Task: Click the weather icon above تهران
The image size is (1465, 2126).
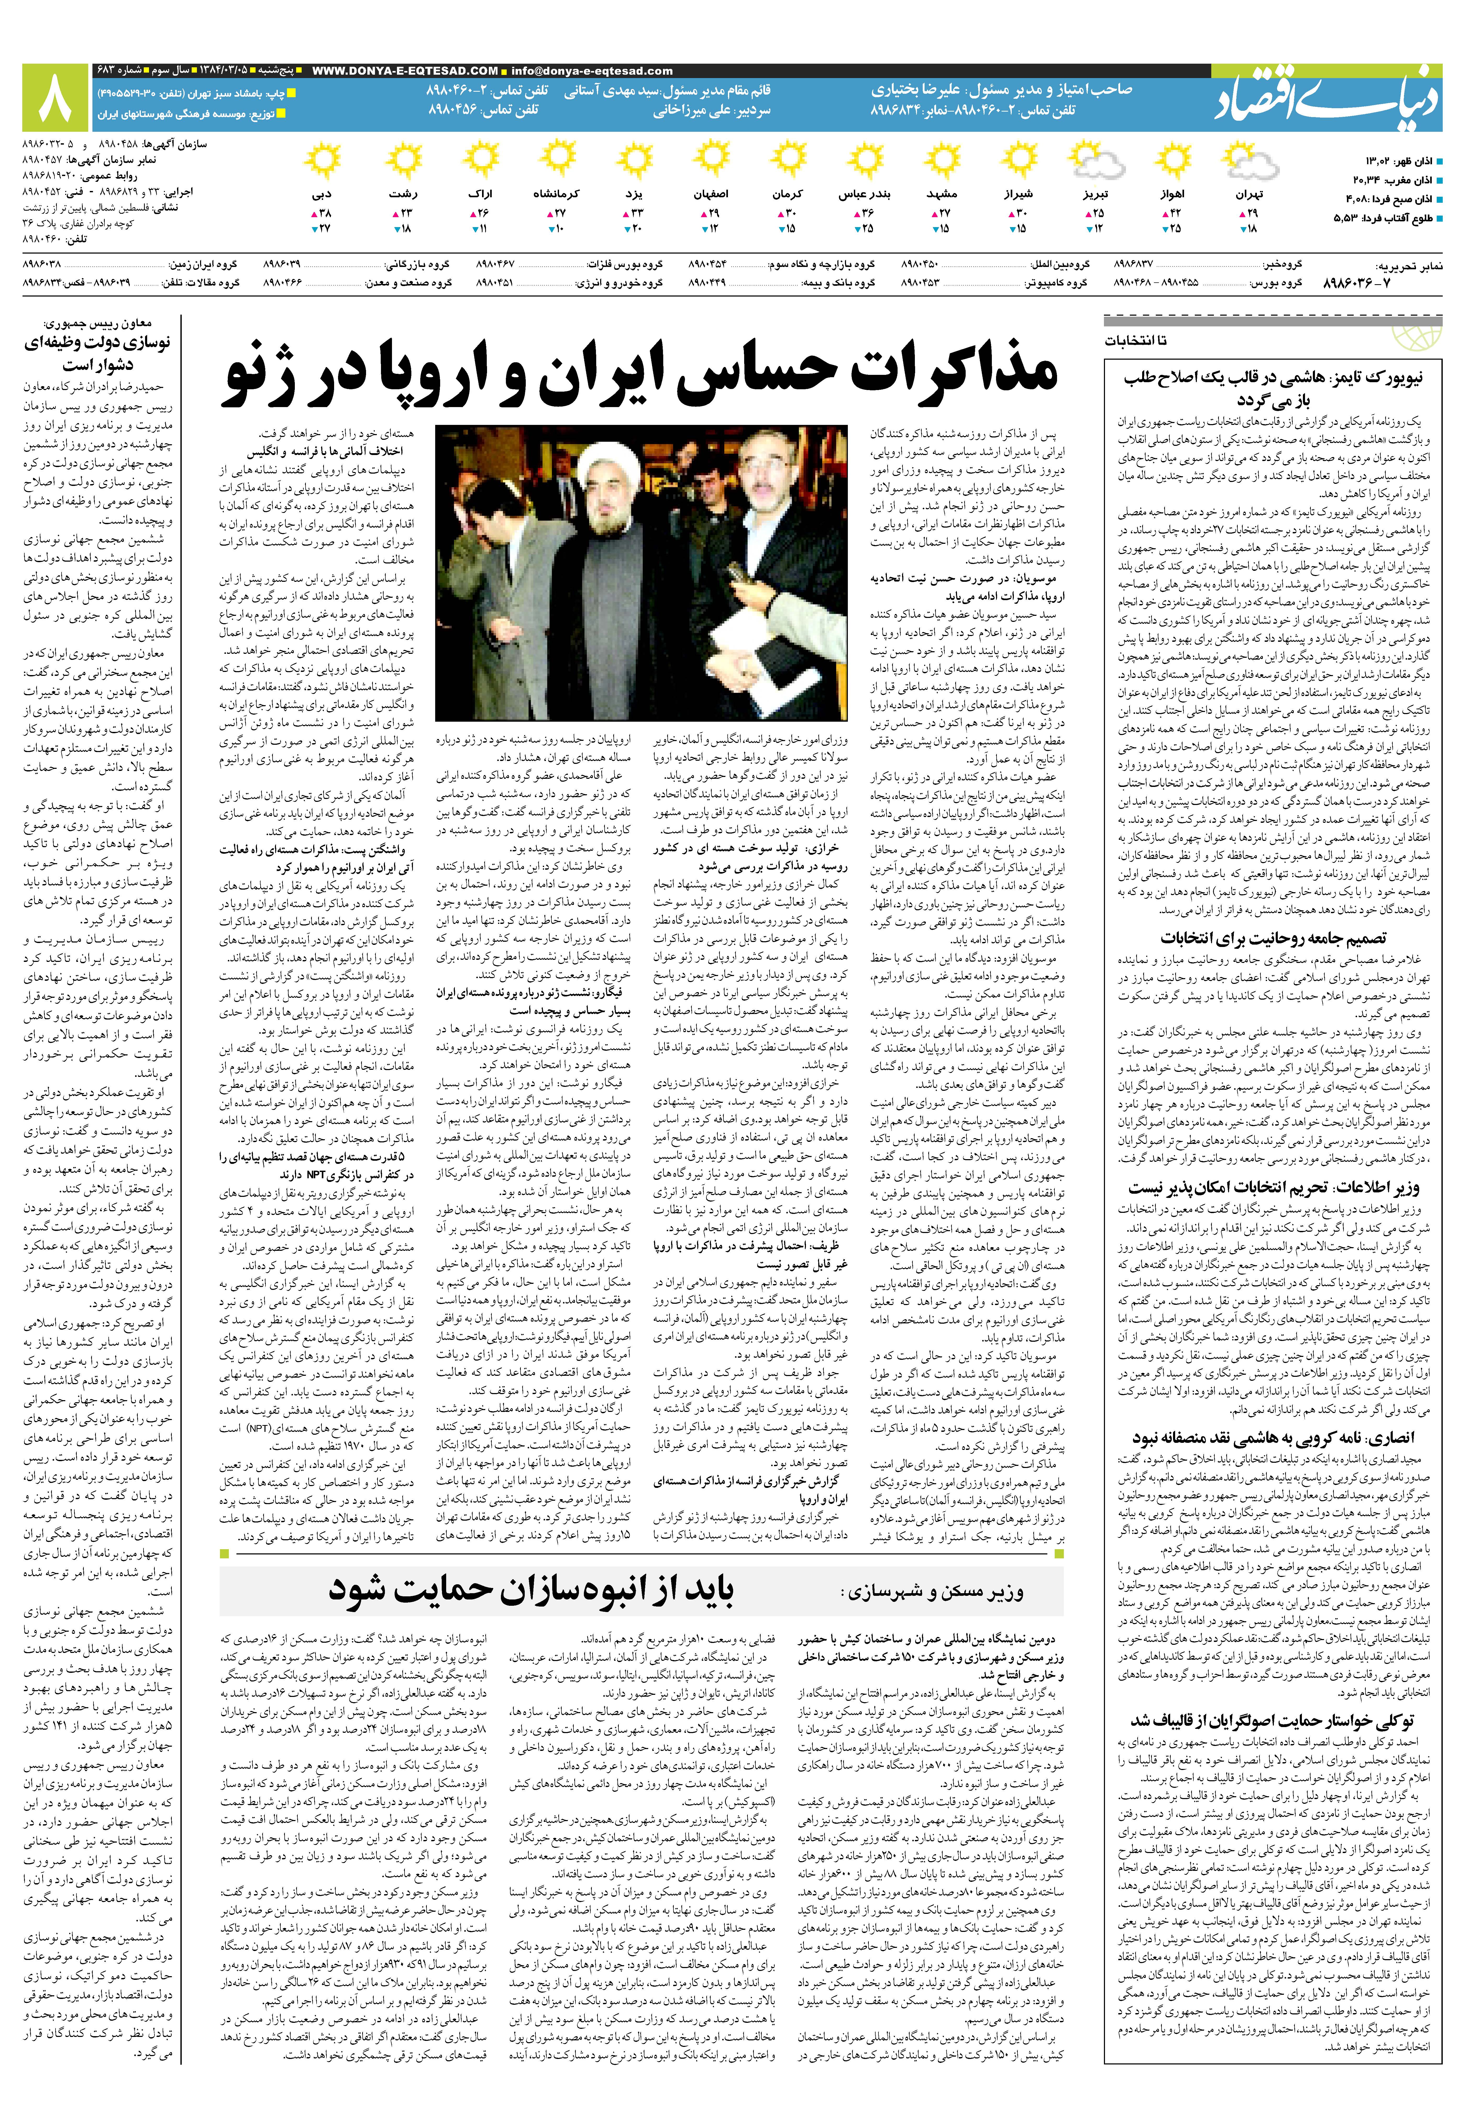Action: [x=1249, y=165]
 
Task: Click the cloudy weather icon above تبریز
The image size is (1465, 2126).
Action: [x=1098, y=165]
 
